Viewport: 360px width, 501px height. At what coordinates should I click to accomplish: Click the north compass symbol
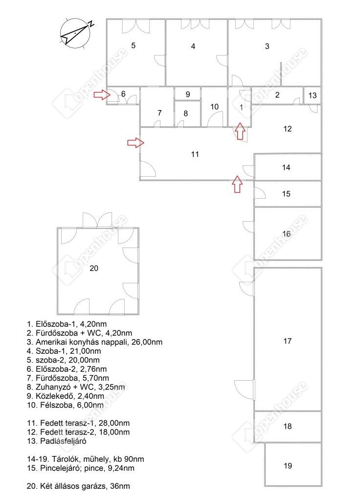(75, 33)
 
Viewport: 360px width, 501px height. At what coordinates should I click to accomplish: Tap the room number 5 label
(133, 46)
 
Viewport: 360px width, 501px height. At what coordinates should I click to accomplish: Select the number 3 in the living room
(267, 46)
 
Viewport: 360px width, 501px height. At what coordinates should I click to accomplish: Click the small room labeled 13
(312, 95)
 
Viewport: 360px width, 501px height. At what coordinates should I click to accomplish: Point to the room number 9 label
(188, 94)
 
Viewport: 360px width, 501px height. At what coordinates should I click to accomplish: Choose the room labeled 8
(187, 114)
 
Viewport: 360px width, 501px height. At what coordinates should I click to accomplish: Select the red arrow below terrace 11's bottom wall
(237, 184)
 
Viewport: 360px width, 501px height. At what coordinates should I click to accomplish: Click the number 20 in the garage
(93, 268)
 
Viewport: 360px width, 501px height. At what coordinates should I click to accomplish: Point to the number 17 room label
(287, 341)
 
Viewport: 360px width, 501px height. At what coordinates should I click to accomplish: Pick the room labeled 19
(293, 465)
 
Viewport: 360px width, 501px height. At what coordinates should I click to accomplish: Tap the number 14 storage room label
(286, 167)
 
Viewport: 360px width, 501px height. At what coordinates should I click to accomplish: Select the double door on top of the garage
(97, 220)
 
